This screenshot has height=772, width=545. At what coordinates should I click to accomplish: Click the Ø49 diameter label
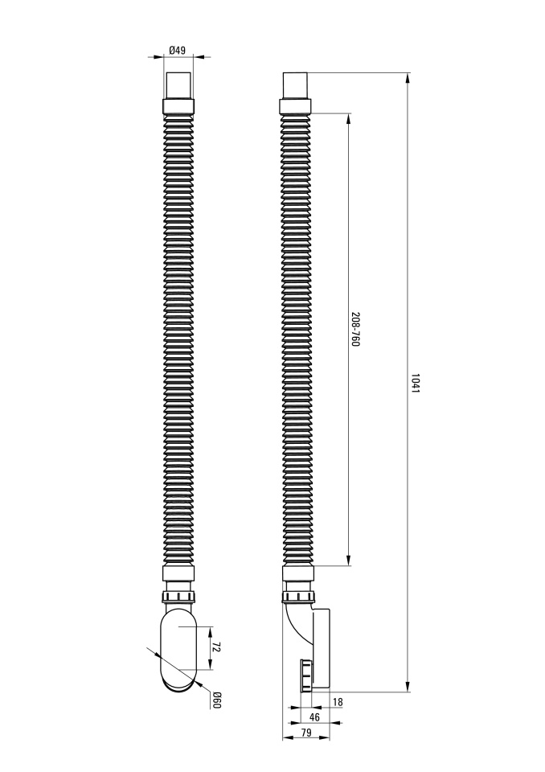point(177,50)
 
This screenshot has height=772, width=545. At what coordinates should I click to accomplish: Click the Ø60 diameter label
point(216,700)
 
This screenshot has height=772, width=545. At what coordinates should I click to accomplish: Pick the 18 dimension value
point(338,702)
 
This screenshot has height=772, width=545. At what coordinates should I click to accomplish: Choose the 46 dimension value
point(314,717)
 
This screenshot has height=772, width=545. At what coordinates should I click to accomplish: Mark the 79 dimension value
point(305,733)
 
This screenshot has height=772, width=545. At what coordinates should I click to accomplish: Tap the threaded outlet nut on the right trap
point(305,675)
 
